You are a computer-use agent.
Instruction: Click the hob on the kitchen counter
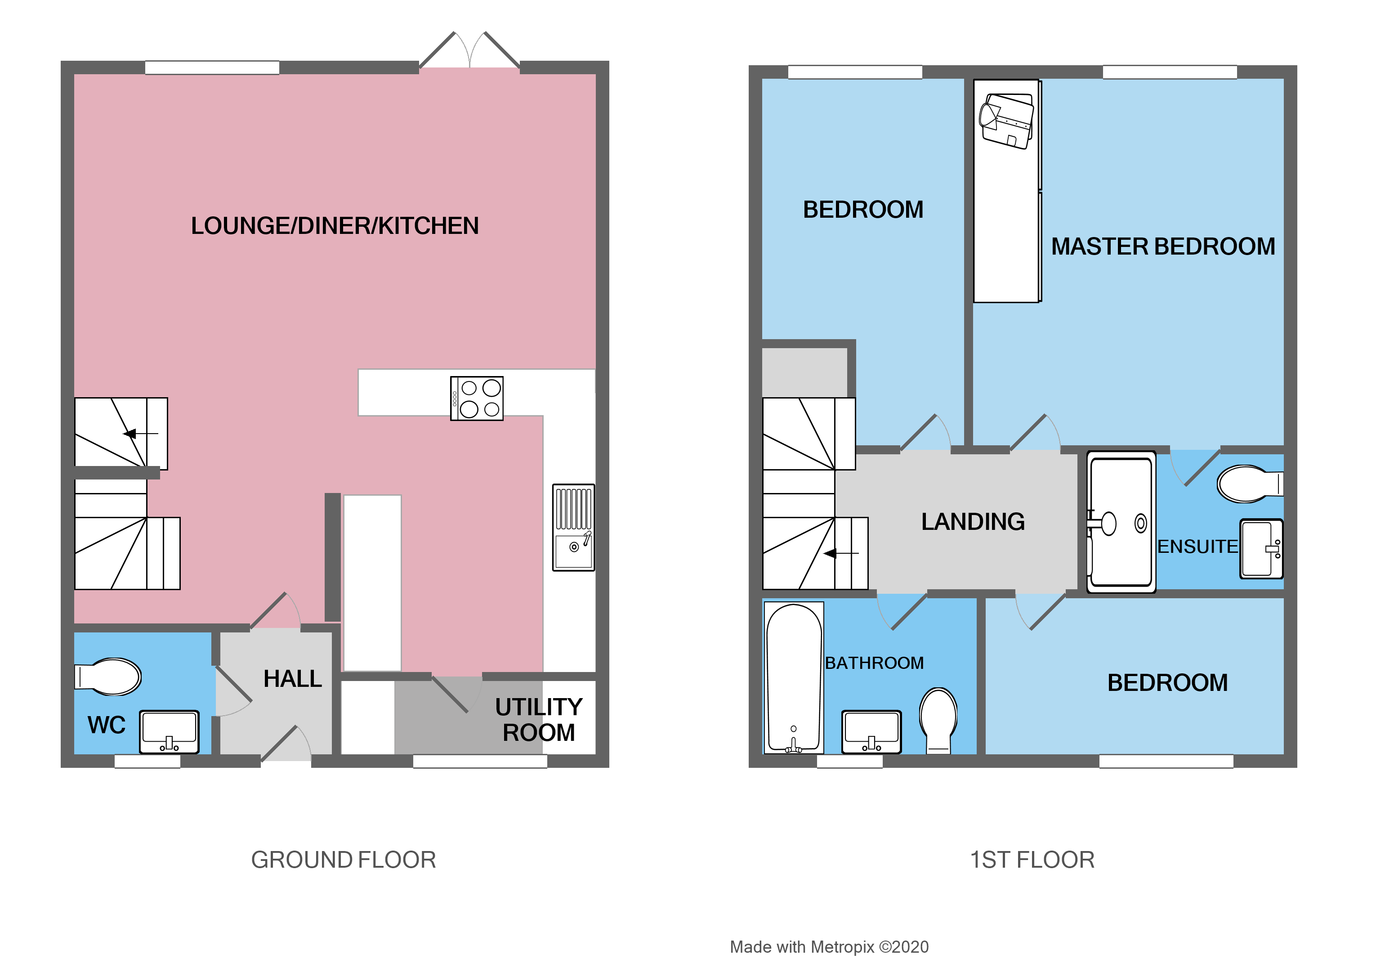click(477, 398)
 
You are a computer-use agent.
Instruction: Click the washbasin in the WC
click(169, 731)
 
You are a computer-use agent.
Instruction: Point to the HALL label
click(292, 678)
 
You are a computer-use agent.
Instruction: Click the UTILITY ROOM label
click(538, 719)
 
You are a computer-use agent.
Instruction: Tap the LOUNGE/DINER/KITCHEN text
click(335, 226)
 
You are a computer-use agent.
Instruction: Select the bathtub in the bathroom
click(794, 677)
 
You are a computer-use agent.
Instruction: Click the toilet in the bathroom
click(938, 719)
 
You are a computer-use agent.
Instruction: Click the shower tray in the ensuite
click(1121, 522)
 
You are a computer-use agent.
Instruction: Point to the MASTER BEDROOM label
click(1163, 246)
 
